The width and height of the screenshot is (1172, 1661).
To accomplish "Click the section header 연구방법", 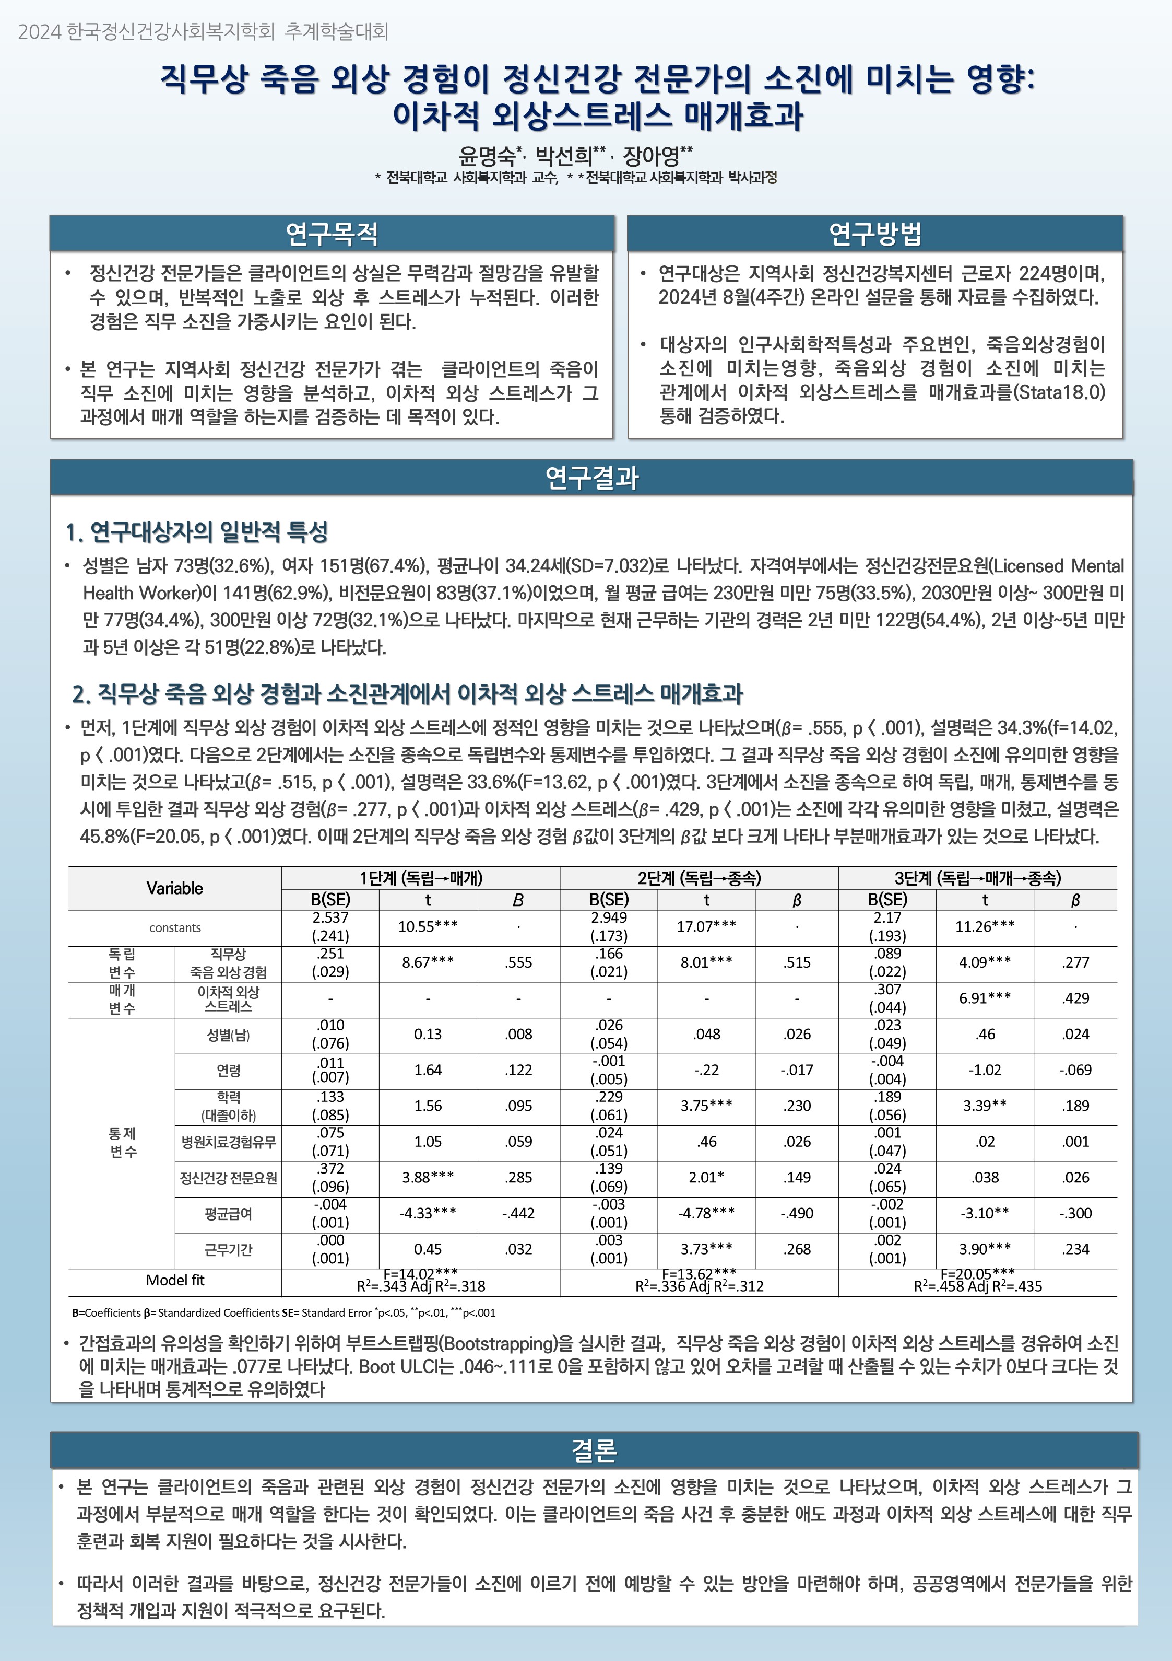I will [875, 233].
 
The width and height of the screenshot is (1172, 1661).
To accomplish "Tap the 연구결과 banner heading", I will [591, 478].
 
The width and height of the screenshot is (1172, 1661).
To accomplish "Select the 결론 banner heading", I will [594, 1450].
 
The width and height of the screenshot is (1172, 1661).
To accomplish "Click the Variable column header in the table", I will [174, 888].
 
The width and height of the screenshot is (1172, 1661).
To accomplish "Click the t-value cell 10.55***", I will [428, 926].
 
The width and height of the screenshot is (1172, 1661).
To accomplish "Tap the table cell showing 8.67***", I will [428, 962].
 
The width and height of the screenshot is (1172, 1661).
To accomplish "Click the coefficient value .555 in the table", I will [518, 962].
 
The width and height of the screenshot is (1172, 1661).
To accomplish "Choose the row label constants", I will [175, 927].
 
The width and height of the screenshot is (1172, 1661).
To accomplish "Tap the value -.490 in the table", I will [797, 1213].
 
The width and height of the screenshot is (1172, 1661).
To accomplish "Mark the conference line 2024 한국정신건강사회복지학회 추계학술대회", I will [203, 31].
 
